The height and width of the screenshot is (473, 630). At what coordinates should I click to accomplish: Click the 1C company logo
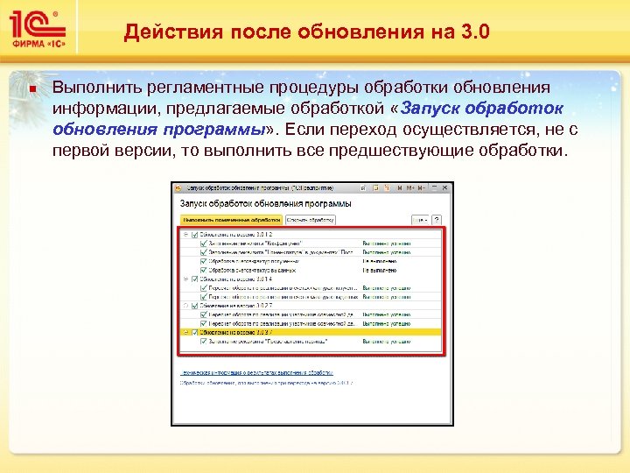[37, 24]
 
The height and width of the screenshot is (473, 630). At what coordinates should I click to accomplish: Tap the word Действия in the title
[167, 32]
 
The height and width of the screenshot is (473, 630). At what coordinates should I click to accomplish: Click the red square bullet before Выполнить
[31, 88]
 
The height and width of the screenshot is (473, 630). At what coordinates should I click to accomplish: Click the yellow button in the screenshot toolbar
[230, 221]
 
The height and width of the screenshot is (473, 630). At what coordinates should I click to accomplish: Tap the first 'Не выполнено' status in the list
[381, 260]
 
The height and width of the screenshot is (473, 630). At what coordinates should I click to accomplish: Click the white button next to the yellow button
[310, 221]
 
